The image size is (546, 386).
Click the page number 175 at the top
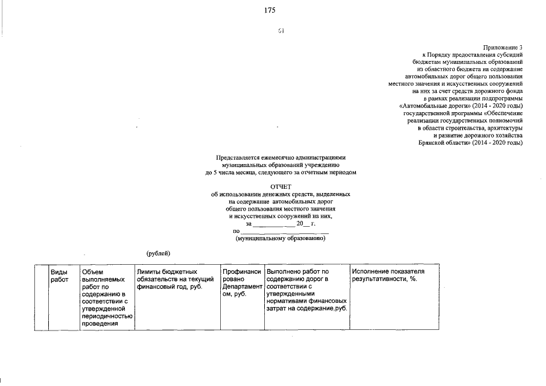(x=270, y=11)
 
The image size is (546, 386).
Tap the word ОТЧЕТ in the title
(x=281, y=187)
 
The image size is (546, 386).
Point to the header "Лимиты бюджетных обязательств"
(x=176, y=279)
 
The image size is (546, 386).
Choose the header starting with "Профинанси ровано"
(x=242, y=283)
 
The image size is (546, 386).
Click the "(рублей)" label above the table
(x=159, y=252)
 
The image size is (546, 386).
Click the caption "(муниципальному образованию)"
(x=281, y=239)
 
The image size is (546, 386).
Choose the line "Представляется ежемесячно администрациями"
(x=282, y=157)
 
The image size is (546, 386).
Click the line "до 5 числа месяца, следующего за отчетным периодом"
(x=281, y=172)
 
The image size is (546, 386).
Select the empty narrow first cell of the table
(x=40, y=297)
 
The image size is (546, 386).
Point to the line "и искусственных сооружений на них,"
(x=281, y=216)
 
